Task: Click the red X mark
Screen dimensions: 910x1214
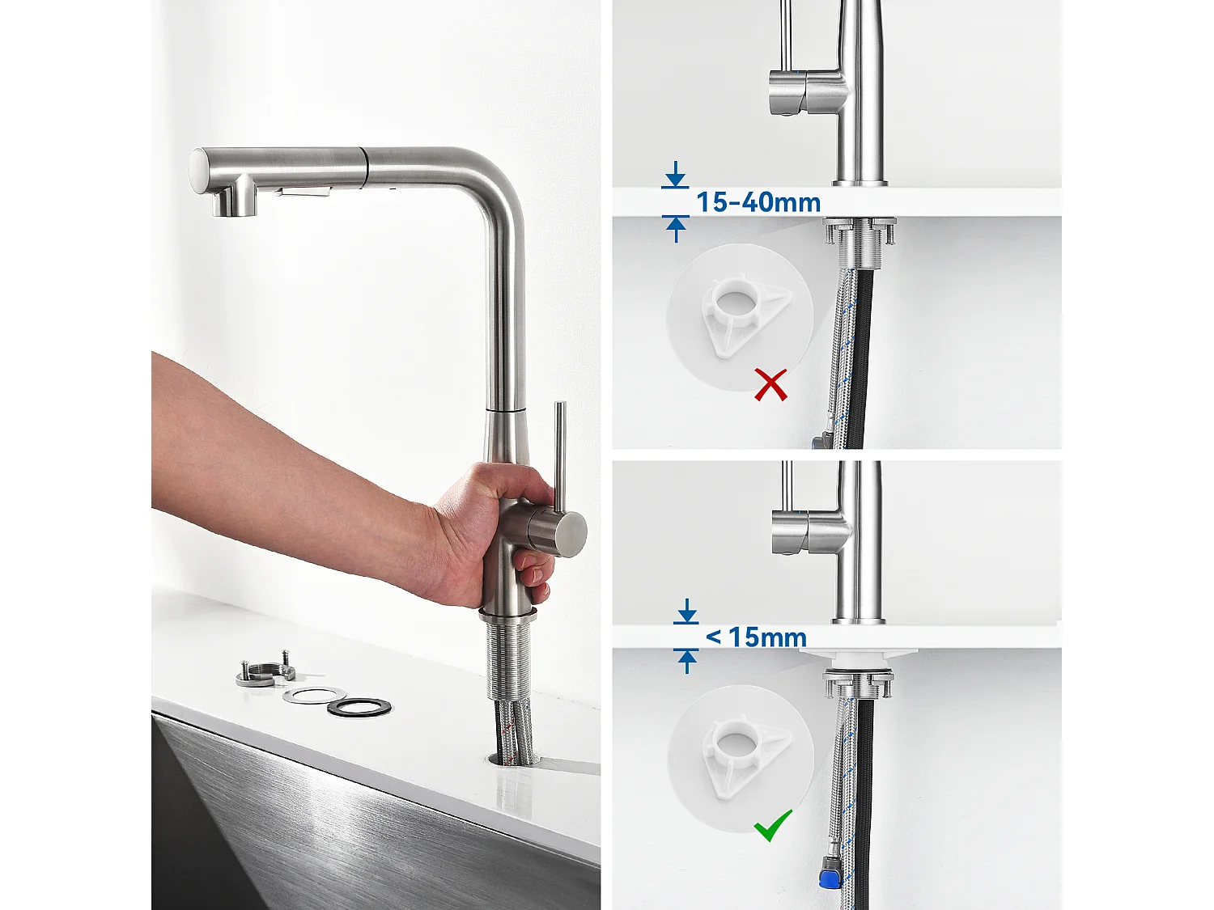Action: (770, 385)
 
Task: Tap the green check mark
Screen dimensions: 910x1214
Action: (773, 826)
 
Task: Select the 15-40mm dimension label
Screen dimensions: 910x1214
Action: (758, 202)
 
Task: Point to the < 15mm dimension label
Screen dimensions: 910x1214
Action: (757, 637)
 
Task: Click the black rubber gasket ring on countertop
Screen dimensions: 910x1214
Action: (359, 706)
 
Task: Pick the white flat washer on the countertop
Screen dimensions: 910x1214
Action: (314, 695)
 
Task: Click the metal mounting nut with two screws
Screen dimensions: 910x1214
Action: (264, 673)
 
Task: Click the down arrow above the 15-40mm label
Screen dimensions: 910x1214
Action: (675, 176)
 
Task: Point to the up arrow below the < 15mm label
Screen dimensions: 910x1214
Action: (687, 661)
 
